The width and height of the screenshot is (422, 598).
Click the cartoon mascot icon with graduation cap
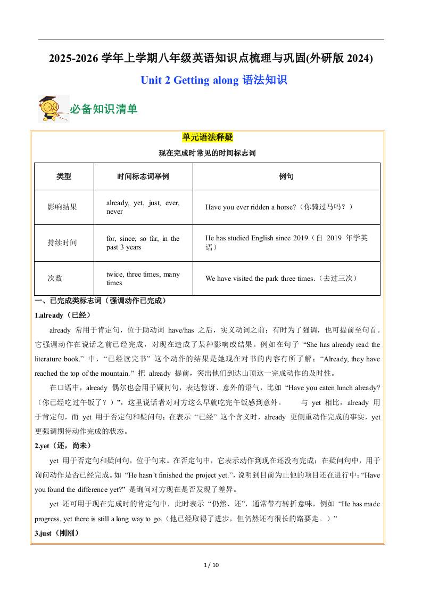pos(53,109)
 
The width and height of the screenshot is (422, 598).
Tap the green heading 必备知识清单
pos(104,109)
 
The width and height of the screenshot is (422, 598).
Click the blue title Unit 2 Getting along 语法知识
pos(214,80)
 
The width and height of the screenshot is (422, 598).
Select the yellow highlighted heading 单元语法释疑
pos(208,138)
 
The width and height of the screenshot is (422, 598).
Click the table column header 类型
pos(64,176)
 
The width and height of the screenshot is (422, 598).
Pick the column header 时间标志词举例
pos(143,176)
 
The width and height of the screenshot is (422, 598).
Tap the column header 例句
pos(286,176)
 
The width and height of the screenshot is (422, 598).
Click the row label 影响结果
pos(62,207)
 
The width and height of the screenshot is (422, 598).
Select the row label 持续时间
pos(62,243)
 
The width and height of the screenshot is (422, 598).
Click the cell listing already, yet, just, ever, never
pos(143,207)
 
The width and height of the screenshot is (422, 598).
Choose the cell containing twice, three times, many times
pos(143,278)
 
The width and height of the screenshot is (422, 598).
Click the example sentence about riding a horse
pos(279,207)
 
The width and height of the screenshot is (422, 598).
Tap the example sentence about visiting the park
pos(281,278)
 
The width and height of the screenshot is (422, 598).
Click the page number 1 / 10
pos(211,565)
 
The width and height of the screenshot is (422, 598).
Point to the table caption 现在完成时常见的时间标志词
pos(208,153)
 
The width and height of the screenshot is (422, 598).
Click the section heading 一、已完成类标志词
pos(101,301)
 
